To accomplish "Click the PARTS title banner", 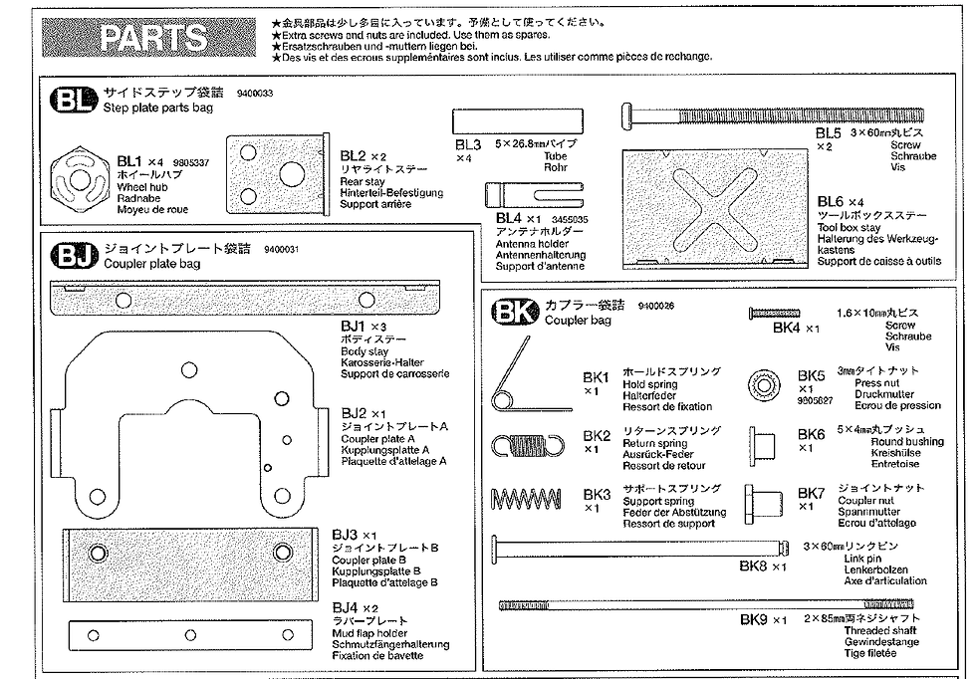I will click(153, 38).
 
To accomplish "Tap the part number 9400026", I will click(654, 306).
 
